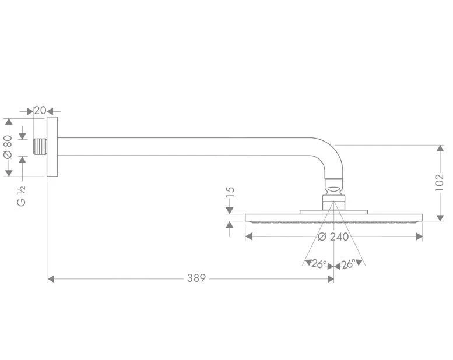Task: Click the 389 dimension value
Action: [x=196, y=279]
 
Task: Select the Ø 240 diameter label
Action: [x=333, y=237]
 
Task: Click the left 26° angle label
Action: [x=318, y=264]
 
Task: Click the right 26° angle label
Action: [x=349, y=264]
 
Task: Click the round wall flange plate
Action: [x=52, y=147]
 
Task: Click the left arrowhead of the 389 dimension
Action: [x=51, y=279]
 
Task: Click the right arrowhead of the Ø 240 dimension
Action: [x=419, y=237]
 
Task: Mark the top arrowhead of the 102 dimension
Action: [x=440, y=149]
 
